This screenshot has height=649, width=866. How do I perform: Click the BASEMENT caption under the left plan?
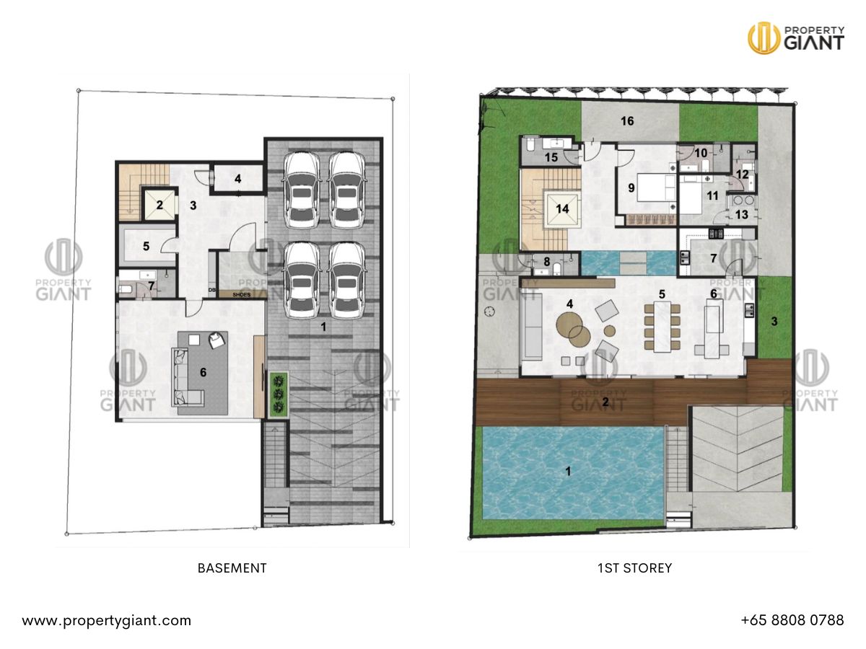(232, 568)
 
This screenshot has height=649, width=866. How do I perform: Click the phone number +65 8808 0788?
(792, 620)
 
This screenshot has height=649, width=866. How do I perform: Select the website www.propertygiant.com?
(106, 620)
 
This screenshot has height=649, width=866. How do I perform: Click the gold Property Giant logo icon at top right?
(764, 37)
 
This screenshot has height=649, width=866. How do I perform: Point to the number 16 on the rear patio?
(627, 121)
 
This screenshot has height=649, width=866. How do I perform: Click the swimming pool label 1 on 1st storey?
(568, 472)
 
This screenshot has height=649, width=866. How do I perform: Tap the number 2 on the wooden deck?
(605, 402)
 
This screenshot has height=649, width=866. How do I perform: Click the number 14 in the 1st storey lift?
(563, 209)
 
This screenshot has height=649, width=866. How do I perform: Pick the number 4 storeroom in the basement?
(237, 177)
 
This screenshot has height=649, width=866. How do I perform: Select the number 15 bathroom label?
(551, 157)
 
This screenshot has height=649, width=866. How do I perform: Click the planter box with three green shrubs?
(278, 395)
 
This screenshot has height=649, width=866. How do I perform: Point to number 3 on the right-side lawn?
(774, 322)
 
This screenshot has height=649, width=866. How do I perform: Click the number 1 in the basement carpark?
(323, 327)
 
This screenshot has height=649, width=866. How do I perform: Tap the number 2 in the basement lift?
(159, 205)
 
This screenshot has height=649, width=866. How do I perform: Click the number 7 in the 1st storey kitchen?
(713, 257)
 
